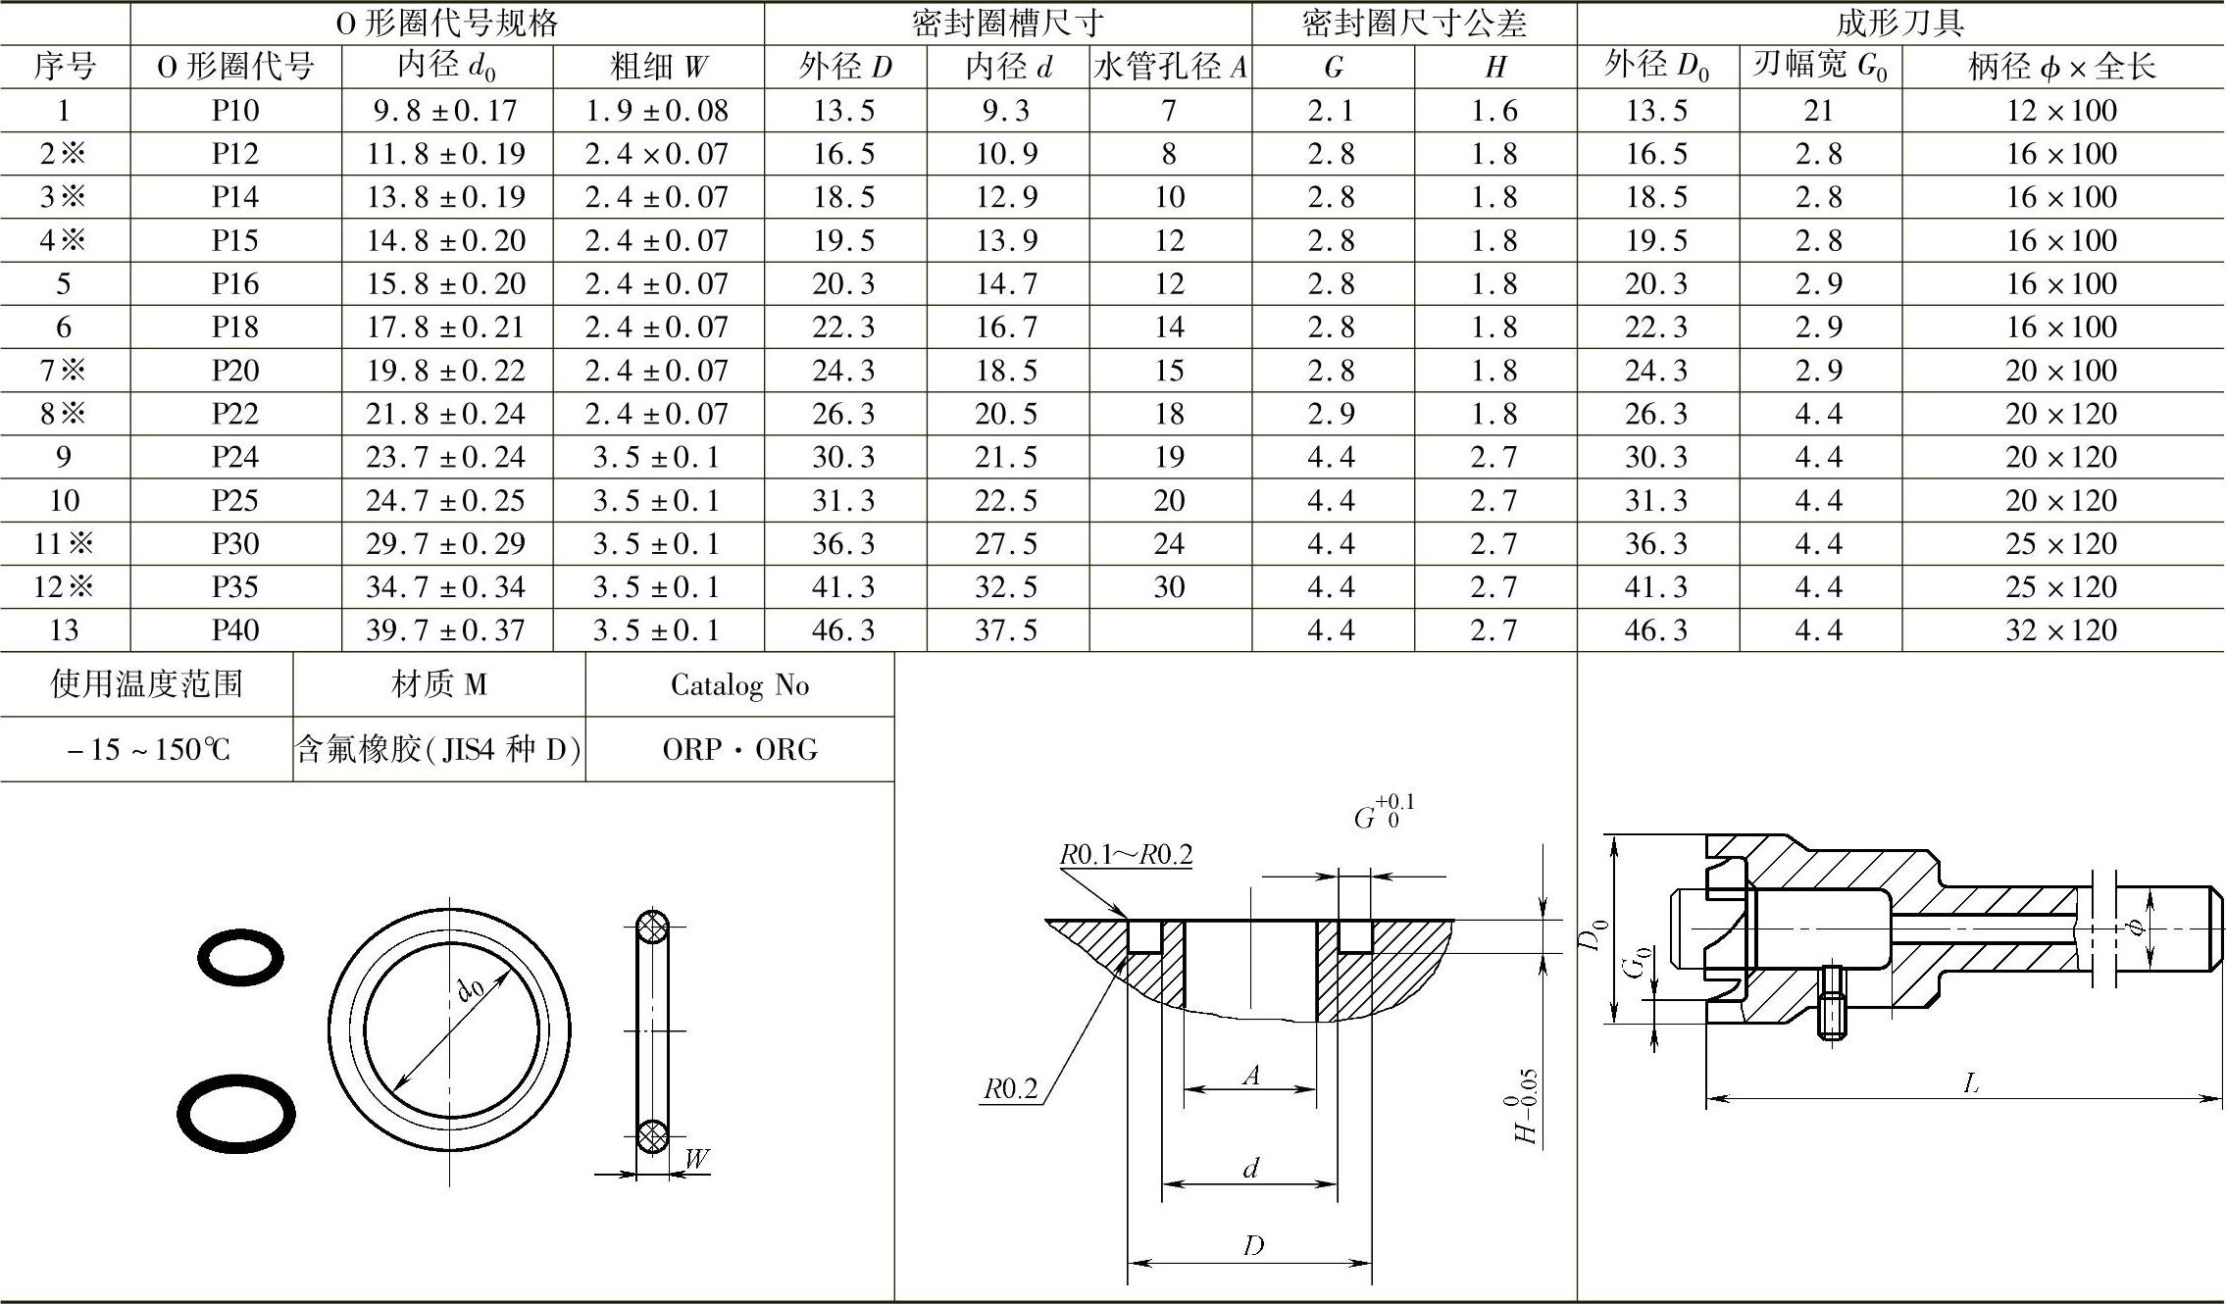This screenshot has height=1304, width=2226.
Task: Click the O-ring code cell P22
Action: pos(235,414)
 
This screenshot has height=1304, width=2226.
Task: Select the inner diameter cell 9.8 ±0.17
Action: pos(446,111)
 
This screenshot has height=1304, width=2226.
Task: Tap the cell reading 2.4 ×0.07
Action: pos(657,154)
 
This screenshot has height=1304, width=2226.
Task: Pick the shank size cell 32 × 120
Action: pos(2061,630)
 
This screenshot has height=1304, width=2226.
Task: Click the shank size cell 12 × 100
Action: pos(2061,111)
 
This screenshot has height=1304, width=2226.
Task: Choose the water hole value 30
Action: pos(1170,587)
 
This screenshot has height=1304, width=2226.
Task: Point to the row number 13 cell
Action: pos(65,630)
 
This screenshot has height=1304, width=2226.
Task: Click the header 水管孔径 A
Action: pos(1171,67)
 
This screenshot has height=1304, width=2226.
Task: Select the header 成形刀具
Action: pos(1900,23)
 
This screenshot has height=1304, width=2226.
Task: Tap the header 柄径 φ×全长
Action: pos(2062,67)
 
